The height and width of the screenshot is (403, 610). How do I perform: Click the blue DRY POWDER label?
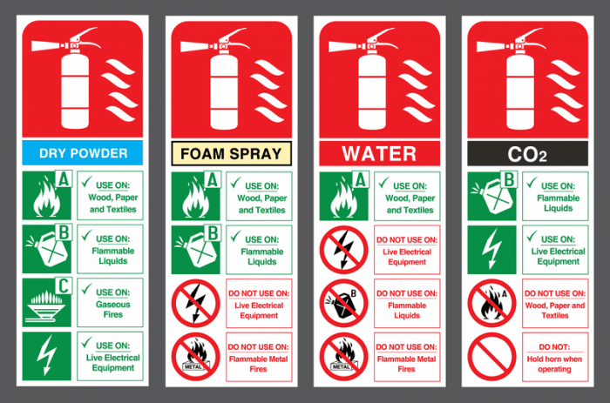tap(83, 153)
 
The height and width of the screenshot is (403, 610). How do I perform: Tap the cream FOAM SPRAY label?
tap(231, 153)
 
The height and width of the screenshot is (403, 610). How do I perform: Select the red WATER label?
tap(379, 153)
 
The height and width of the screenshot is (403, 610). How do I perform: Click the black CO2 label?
tap(527, 154)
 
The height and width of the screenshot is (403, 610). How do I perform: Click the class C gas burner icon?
tap(45, 300)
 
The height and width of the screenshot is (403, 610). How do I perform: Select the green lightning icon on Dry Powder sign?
tap(45, 354)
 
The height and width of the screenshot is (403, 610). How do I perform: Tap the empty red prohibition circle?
tap(490, 356)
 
